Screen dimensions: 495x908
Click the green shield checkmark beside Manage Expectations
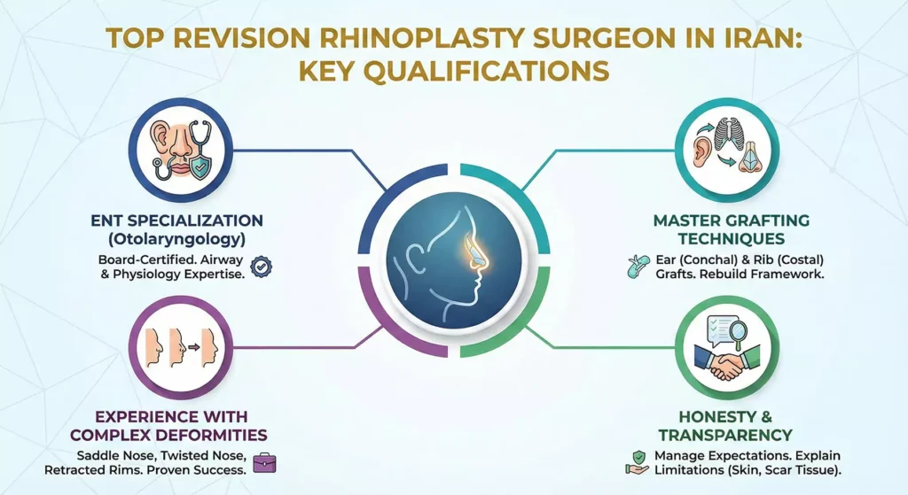tap(636, 455)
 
